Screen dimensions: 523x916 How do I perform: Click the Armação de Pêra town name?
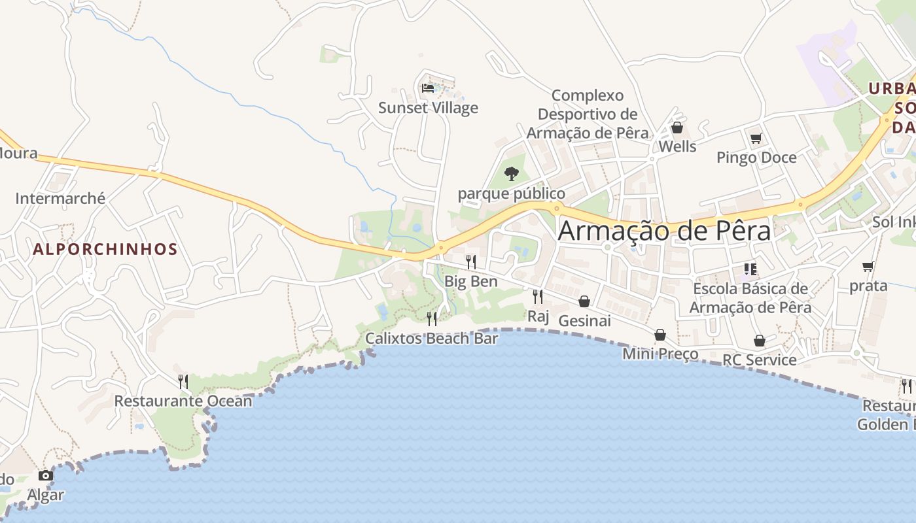664,231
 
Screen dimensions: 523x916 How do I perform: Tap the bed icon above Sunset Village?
428,88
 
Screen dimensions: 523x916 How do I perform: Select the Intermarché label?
60,198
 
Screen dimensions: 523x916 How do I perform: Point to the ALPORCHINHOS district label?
105,249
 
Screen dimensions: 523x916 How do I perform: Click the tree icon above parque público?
512,173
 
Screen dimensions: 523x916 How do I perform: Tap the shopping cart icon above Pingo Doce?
756,138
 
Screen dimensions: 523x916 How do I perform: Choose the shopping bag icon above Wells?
677,127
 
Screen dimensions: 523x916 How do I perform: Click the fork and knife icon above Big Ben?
471,262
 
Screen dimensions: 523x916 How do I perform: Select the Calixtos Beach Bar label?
432,338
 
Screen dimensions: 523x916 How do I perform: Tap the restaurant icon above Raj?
538,297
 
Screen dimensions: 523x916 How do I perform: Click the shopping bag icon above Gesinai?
584,301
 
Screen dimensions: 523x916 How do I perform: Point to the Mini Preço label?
660,354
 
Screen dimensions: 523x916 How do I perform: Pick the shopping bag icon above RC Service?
760,341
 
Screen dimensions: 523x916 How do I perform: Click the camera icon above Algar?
46,475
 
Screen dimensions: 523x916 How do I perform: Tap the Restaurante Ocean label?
183,401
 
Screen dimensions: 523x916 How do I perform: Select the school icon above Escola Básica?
750,269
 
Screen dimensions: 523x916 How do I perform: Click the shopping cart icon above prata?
868,266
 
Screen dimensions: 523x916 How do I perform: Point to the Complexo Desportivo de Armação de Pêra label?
588,114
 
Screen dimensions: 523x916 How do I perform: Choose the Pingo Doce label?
756,158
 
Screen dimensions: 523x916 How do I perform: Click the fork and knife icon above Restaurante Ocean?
183,381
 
